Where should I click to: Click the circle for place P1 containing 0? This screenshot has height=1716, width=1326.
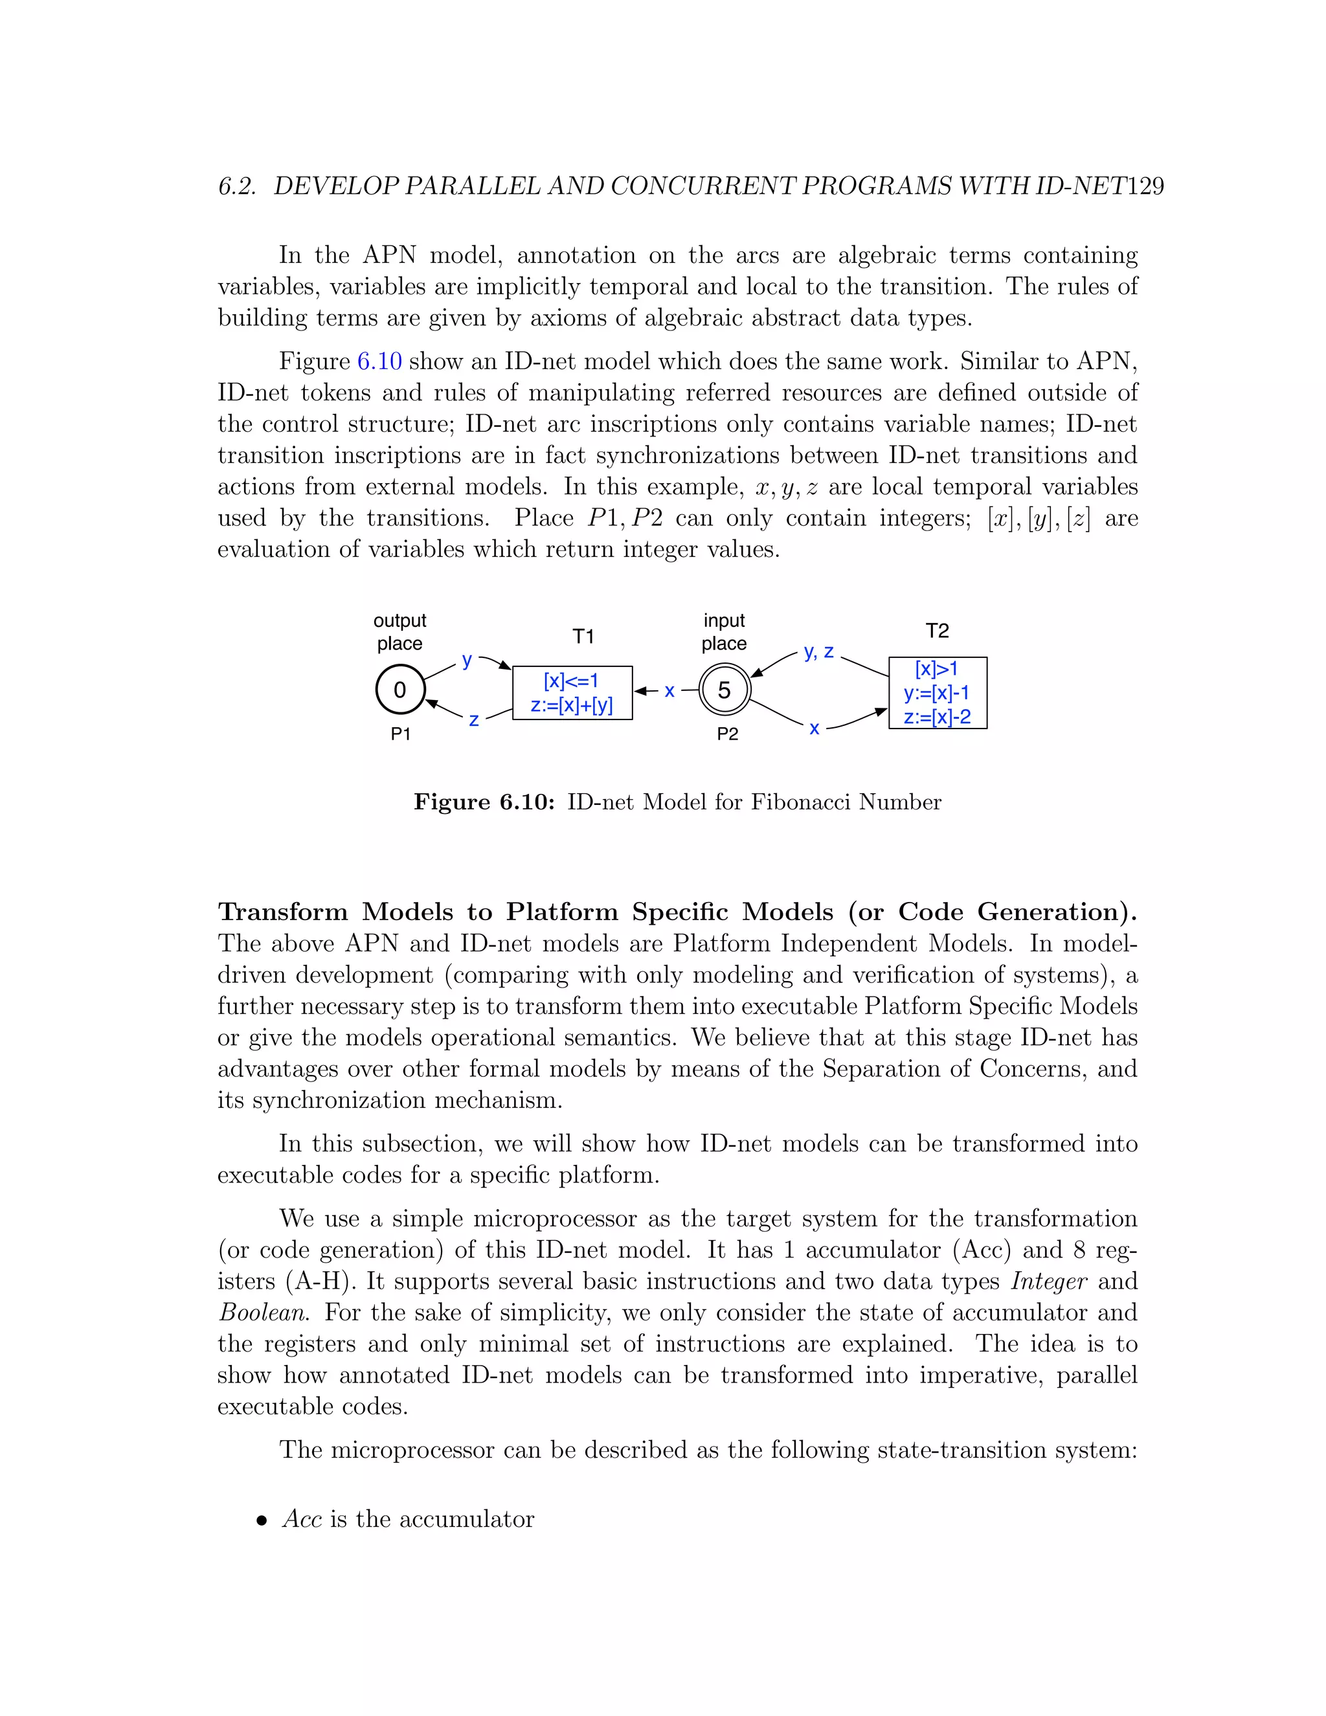point(400,690)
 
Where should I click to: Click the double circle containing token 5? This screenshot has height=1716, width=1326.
point(725,690)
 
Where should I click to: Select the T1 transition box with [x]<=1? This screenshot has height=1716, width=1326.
point(572,692)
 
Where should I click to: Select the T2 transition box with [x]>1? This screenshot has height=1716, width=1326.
point(937,692)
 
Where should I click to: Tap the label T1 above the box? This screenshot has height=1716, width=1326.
point(583,637)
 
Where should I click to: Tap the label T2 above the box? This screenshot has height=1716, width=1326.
point(937,631)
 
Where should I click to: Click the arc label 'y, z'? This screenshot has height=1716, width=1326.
point(818,652)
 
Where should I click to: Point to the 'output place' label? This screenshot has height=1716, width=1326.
point(400,632)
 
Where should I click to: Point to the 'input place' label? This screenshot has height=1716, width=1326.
point(725,632)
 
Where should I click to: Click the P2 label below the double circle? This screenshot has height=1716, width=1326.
point(727,734)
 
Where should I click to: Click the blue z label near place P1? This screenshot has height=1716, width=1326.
point(474,719)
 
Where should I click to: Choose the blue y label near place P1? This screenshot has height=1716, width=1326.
point(467,660)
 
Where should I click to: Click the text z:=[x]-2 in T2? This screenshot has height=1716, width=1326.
point(937,717)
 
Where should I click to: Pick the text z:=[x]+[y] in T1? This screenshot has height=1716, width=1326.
point(572,705)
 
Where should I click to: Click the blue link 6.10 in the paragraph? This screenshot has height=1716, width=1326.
point(379,361)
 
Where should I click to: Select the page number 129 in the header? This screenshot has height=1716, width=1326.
point(1145,186)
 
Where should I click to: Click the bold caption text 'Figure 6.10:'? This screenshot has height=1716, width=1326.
point(485,802)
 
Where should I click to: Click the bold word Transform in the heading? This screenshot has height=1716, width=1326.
point(283,912)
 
